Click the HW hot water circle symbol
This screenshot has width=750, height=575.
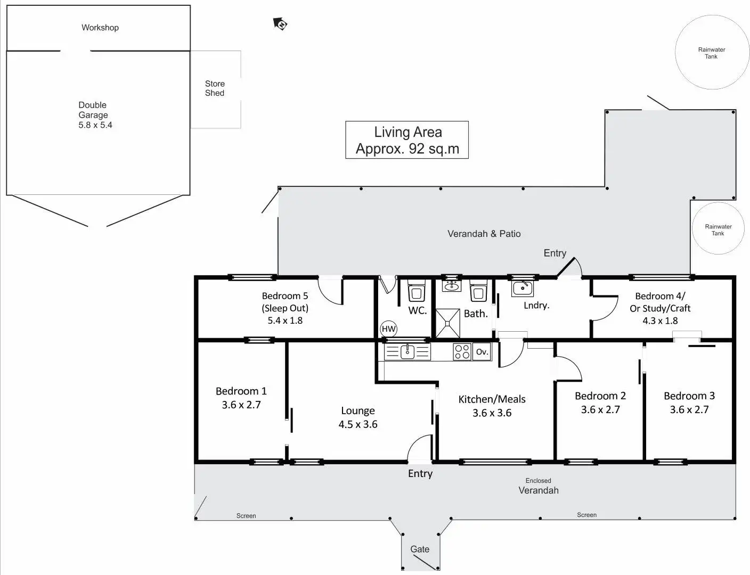pos(388,329)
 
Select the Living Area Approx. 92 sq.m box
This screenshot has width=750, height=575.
pos(407,140)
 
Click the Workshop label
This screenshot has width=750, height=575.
pos(100,28)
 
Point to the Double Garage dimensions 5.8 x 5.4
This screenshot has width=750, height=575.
pos(95,125)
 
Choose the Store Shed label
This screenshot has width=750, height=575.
pos(215,88)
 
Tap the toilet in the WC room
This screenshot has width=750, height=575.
pos(415,292)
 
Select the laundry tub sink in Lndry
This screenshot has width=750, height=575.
pos(522,289)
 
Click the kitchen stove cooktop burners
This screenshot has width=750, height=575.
pos(462,352)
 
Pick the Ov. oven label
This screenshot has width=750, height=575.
pos(482,352)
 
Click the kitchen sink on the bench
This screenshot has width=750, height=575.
pos(407,352)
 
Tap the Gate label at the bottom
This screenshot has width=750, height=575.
pos(420,549)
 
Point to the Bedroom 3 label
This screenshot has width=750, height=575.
pos(689,396)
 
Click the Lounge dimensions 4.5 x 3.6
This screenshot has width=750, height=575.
pos(358,424)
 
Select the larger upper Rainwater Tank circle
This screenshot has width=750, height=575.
pos(712,52)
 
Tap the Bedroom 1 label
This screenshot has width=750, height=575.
pos(241,391)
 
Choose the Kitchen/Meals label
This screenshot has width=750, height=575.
pos(492,399)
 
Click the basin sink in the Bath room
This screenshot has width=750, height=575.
pos(452,286)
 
